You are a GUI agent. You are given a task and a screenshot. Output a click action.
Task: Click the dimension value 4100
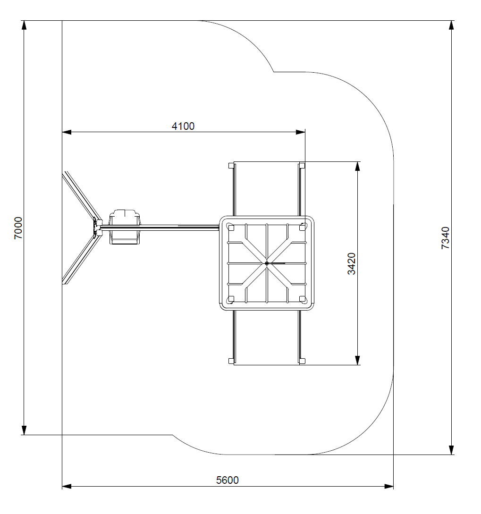tap(183, 126)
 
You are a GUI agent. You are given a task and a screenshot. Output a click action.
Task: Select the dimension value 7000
tap(18, 228)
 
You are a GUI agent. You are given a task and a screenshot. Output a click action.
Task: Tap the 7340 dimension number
tap(445, 238)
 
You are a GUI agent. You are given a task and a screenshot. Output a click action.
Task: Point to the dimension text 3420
tap(352, 263)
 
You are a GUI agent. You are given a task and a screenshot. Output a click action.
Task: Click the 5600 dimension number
tap(227, 480)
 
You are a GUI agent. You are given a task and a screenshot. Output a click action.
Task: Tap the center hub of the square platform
tap(267, 263)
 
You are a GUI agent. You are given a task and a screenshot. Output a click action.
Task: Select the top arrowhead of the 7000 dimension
tap(24, 25)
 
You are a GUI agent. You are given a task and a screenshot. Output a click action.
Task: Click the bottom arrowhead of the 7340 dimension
tap(451, 450)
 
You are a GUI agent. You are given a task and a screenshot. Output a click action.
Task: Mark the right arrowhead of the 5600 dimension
tap(389, 487)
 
